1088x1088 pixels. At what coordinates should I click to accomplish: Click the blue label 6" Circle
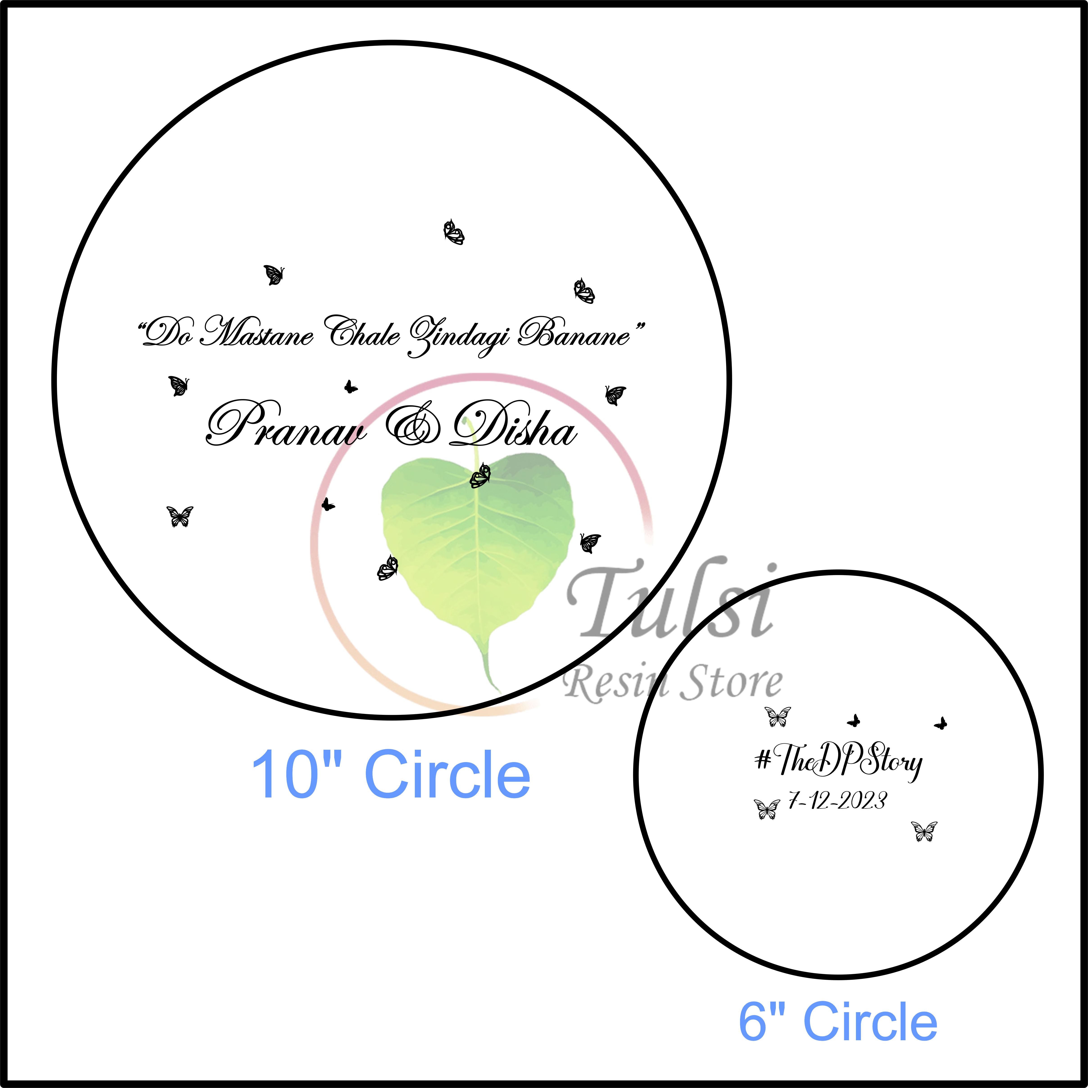[838, 1022]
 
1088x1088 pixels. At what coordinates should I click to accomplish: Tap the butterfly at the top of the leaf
[480, 476]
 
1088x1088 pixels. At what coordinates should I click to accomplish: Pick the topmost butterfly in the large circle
[454, 232]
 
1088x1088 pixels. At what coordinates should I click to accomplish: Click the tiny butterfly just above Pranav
[350, 386]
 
